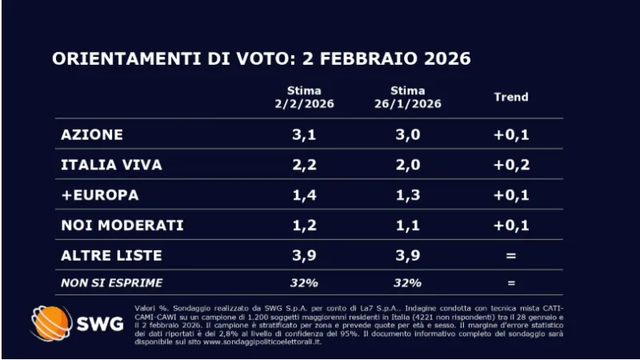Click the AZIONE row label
[92, 134]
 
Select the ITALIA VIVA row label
[111, 165]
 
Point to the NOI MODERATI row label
[122, 226]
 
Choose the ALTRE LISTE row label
[111, 256]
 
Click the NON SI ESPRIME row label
[112, 282]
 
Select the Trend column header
[510, 97]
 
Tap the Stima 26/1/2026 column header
[409, 97]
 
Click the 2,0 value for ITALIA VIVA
[409, 165]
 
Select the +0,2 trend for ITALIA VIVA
[510, 165]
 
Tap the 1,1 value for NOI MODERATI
[409, 226]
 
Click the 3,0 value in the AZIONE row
[409, 134]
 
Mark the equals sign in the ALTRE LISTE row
[510, 256]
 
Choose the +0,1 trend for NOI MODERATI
[510, 226]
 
